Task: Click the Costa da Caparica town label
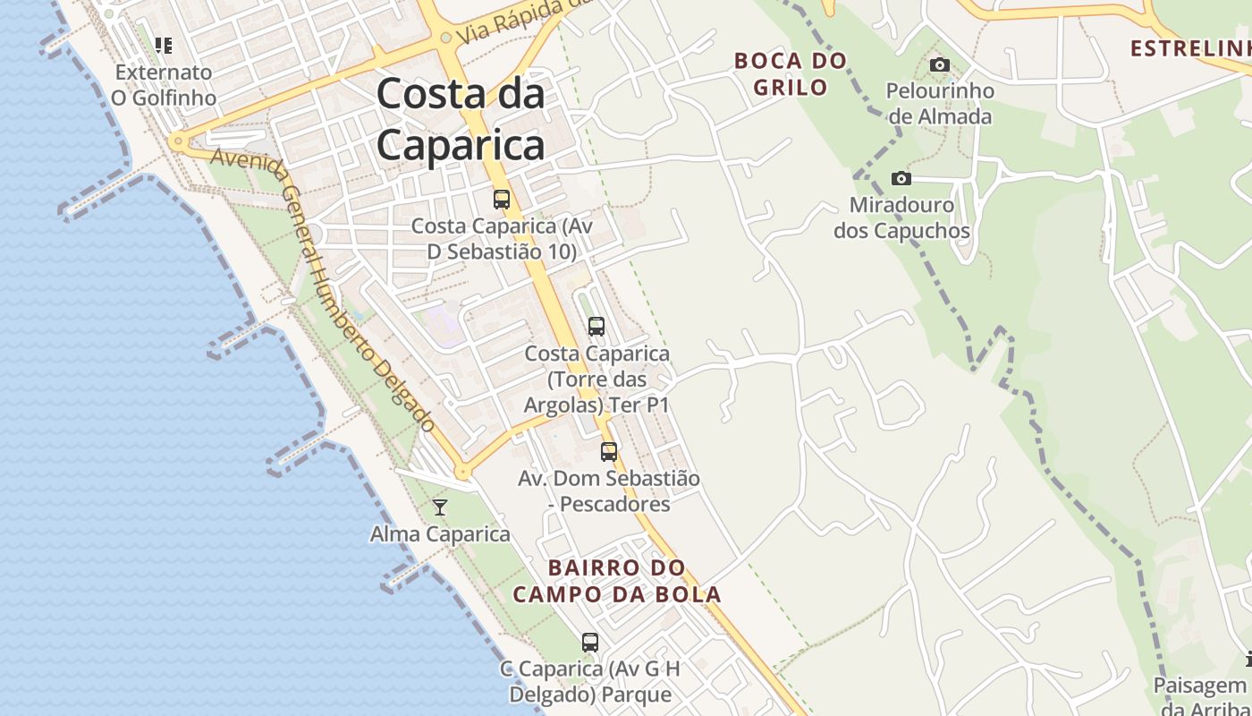click(x=461, y=119)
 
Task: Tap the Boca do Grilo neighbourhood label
click(x=790, y=73)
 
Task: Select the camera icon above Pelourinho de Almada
click(x=939, y=64)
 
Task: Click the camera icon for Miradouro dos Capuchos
click(x=901, y=179)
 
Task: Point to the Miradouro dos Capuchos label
click(x=901, y=217)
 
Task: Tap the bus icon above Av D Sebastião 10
click(x=502, y=200)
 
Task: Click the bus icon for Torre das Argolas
click(x=596, y=327)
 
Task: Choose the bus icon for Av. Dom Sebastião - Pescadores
click(x=609, y=452)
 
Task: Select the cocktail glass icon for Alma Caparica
click(x=440, y=507)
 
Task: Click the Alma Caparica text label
click(x=440, y=534)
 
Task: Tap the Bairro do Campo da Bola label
click(x=617, y=581)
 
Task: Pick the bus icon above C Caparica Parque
click(x=590, y=642)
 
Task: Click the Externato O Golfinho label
click(x=164, y=84)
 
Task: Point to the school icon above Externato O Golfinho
click(x=164, y=45)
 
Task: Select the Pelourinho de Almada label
click(x=939, y=103)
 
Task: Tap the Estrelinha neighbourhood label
click(x=1189, y=48)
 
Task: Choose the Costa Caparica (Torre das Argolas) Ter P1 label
click(x=596, y=379)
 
